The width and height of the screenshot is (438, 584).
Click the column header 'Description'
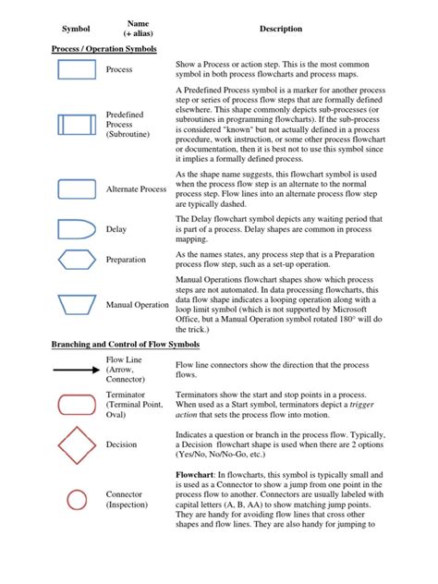[x=281, y=30]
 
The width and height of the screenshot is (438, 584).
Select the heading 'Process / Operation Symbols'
[x=103, y=48]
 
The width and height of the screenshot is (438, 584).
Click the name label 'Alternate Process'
[x=137, y=189]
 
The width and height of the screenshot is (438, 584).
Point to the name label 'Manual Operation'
[x=138, y=304]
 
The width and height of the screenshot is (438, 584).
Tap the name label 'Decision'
[x=121, y=444]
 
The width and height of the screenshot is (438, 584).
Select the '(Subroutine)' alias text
[x=130, y=135]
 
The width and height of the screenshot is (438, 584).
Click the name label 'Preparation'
[x=126, y=260]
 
